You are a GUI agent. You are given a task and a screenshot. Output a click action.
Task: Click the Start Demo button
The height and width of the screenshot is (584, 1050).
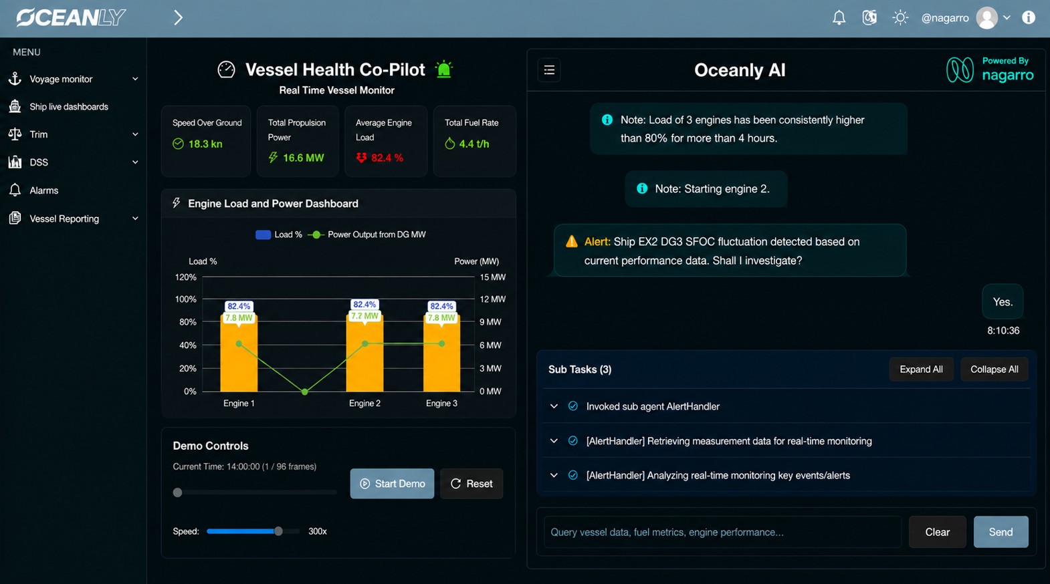click(392, 483)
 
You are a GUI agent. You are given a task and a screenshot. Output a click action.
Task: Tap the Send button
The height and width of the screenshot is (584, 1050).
click(1001, 532)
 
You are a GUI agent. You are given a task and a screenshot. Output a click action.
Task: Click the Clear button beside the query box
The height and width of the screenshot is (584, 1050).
click(937, 532)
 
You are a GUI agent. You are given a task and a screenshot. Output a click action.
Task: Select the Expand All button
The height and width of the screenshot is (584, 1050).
click(921, 369)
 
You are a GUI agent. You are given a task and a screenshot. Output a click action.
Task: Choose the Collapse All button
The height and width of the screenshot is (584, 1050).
click(994, 369)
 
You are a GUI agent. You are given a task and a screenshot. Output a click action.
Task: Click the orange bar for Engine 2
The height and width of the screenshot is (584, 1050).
click(364, 353)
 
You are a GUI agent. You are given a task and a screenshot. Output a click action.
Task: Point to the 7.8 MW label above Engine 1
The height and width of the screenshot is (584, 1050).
click(239, 317)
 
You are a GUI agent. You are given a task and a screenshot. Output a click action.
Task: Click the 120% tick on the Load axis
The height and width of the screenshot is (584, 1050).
click(186, 277)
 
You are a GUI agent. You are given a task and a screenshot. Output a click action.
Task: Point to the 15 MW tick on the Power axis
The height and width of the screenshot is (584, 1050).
click(493, 277)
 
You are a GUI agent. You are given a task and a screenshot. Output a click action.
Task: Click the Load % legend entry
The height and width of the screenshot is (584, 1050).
click(279, 235)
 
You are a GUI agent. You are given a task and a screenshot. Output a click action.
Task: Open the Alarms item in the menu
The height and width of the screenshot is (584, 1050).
click(43, 190)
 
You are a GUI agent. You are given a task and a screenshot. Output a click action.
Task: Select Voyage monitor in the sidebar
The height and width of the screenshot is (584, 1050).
click(61, 79)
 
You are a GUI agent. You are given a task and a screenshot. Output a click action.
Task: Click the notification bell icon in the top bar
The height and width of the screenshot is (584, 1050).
click(839, 18)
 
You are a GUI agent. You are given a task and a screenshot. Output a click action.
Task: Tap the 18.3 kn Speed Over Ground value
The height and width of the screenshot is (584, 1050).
click(205, 144)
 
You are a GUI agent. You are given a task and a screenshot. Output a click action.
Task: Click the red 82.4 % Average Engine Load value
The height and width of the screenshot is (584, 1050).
click(387, 158)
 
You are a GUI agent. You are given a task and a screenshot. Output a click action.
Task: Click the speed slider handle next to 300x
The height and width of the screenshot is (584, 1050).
click(278, 531)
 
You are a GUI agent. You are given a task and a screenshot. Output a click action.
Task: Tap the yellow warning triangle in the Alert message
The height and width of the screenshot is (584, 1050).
click(571, 241)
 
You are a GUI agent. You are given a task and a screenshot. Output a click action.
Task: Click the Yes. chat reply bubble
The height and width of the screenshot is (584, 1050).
click(1003, 302)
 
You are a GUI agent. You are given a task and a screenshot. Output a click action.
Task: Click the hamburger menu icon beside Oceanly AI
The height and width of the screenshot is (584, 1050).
click(549, 70)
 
